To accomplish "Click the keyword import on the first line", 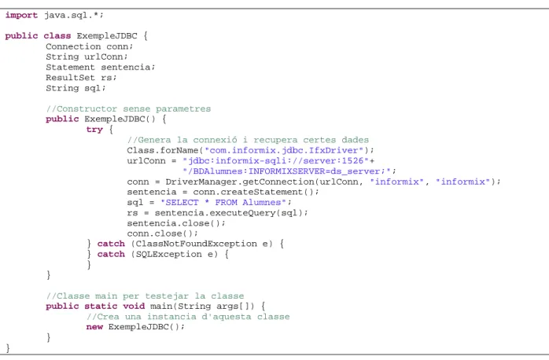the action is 21,16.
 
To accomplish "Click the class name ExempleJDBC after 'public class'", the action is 107,36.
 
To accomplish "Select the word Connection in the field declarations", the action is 73,46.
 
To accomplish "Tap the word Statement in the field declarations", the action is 70,67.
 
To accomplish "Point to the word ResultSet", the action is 70,78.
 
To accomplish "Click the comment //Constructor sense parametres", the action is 128,108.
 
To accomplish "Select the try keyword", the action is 94,130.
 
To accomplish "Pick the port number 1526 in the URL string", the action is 353,161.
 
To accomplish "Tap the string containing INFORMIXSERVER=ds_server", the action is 287,171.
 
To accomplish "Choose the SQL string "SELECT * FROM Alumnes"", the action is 223,203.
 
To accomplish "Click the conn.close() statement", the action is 163,233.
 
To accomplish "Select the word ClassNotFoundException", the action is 197,244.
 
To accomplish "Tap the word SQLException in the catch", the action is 169,255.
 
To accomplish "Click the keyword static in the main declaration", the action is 101,307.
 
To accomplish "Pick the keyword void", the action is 134,307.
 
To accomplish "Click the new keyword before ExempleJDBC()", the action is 94,327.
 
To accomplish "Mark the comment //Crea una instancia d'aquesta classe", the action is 188,317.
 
